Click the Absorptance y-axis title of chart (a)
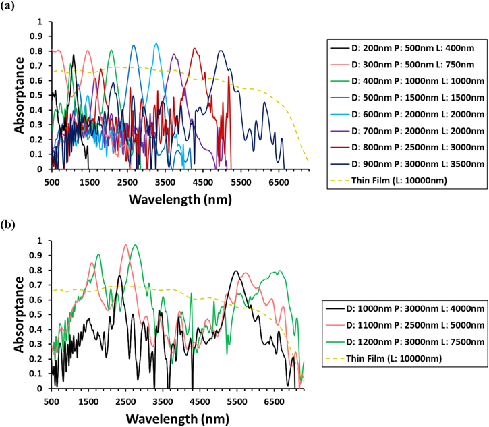pos(21,95)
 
